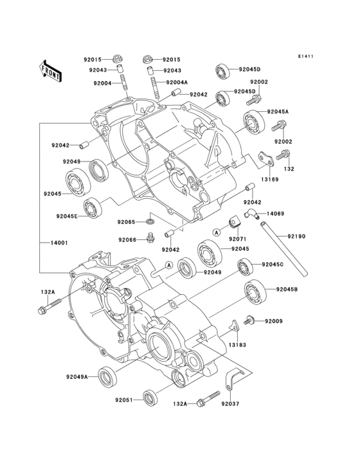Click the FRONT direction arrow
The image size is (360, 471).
coord(51,69)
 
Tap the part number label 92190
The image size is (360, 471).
coord(298,236)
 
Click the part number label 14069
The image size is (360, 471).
coord(275,212)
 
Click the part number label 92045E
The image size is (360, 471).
coord(67,216)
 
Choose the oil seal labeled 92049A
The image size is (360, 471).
coord(107,374)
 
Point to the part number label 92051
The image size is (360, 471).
coord(124,400)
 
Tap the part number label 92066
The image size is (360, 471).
coord(127,239)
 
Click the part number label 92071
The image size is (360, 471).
coord(238,238)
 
